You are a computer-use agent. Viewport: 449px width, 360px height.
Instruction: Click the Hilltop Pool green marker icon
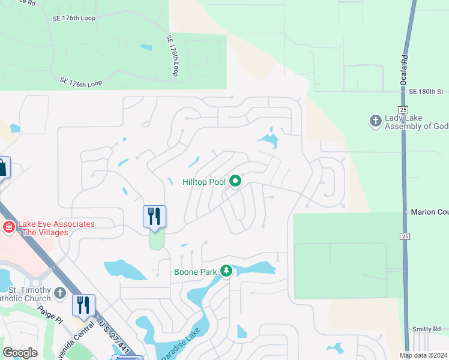click(x=235, y=181)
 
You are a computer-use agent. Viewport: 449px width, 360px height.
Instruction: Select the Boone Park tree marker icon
click(x=226, y=271)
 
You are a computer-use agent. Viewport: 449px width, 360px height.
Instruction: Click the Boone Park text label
click(x=195, y=271)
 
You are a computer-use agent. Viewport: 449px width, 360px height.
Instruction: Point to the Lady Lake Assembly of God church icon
click(x=375, y=122)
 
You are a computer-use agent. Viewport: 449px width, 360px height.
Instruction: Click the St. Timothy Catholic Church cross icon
click(x=59, y=293)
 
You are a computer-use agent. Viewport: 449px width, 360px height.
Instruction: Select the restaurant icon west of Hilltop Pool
click(x=154, y=217)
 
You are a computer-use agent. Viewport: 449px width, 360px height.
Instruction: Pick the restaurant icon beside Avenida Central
click(x=83, y=305)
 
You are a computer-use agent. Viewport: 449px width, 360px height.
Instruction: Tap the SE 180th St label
click(x=426, y=92)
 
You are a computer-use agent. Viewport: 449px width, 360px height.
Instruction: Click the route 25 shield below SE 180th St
click(x=403, y=110)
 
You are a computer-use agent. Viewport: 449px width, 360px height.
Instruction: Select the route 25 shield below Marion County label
click(x=403, y=237)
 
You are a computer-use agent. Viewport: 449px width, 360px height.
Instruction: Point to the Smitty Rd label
click(x=426, y=329)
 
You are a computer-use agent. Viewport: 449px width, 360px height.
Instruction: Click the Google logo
click(x=20, y=353)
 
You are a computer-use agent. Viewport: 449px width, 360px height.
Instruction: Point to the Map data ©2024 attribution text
click(x=423, y=355)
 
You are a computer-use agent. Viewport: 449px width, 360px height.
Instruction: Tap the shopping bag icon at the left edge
click(x=2, y=167)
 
